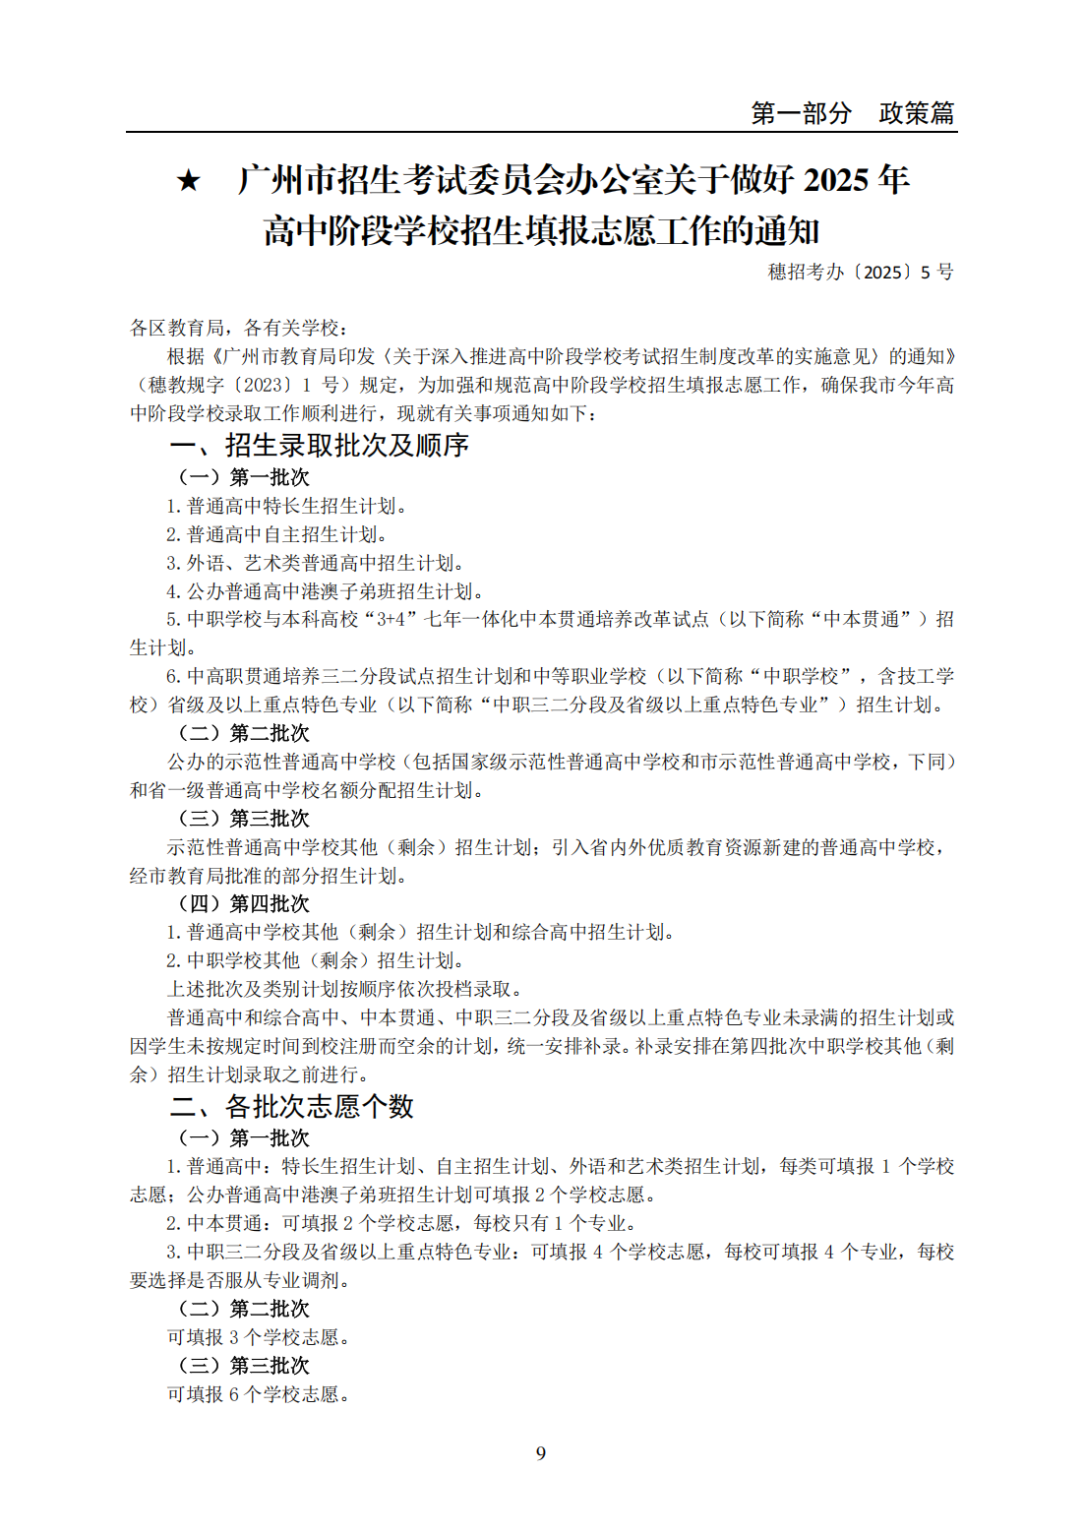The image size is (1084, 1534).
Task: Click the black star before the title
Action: click(x=188, y=181)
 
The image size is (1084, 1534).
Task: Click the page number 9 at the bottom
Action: click(x=541, y=1453)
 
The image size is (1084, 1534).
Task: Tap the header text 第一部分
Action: click(x=801, y=113)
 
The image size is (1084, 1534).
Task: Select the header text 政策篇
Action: click(x=917, y=113)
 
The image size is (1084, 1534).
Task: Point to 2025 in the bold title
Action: click(x=835, y=180)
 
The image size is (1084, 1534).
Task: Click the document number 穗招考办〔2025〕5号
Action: click(x=860, y=272)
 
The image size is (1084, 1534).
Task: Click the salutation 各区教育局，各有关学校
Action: click(x=239, y=328)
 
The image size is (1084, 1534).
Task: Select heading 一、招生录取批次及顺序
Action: click(x=319, y=445)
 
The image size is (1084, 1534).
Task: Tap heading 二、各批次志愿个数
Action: click(x=291, y=1106)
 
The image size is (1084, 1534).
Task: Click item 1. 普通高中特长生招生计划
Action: click(x=286, y=506)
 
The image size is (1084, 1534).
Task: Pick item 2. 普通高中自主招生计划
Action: click(x=276, y=534)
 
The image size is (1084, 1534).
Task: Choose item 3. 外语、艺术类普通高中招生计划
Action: click(x=315, y=563)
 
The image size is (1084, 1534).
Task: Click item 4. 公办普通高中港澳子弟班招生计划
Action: click(x=325, y=591)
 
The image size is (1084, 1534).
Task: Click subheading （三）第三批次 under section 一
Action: click(x=243, y=819)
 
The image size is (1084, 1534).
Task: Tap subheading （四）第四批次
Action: click(x=243, y=903)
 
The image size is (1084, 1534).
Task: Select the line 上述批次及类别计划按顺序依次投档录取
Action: click(x=344, y=989)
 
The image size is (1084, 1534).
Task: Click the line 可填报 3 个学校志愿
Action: click(x=259, y=1337)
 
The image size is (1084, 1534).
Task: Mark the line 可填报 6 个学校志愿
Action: click(x=259, y=1394)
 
